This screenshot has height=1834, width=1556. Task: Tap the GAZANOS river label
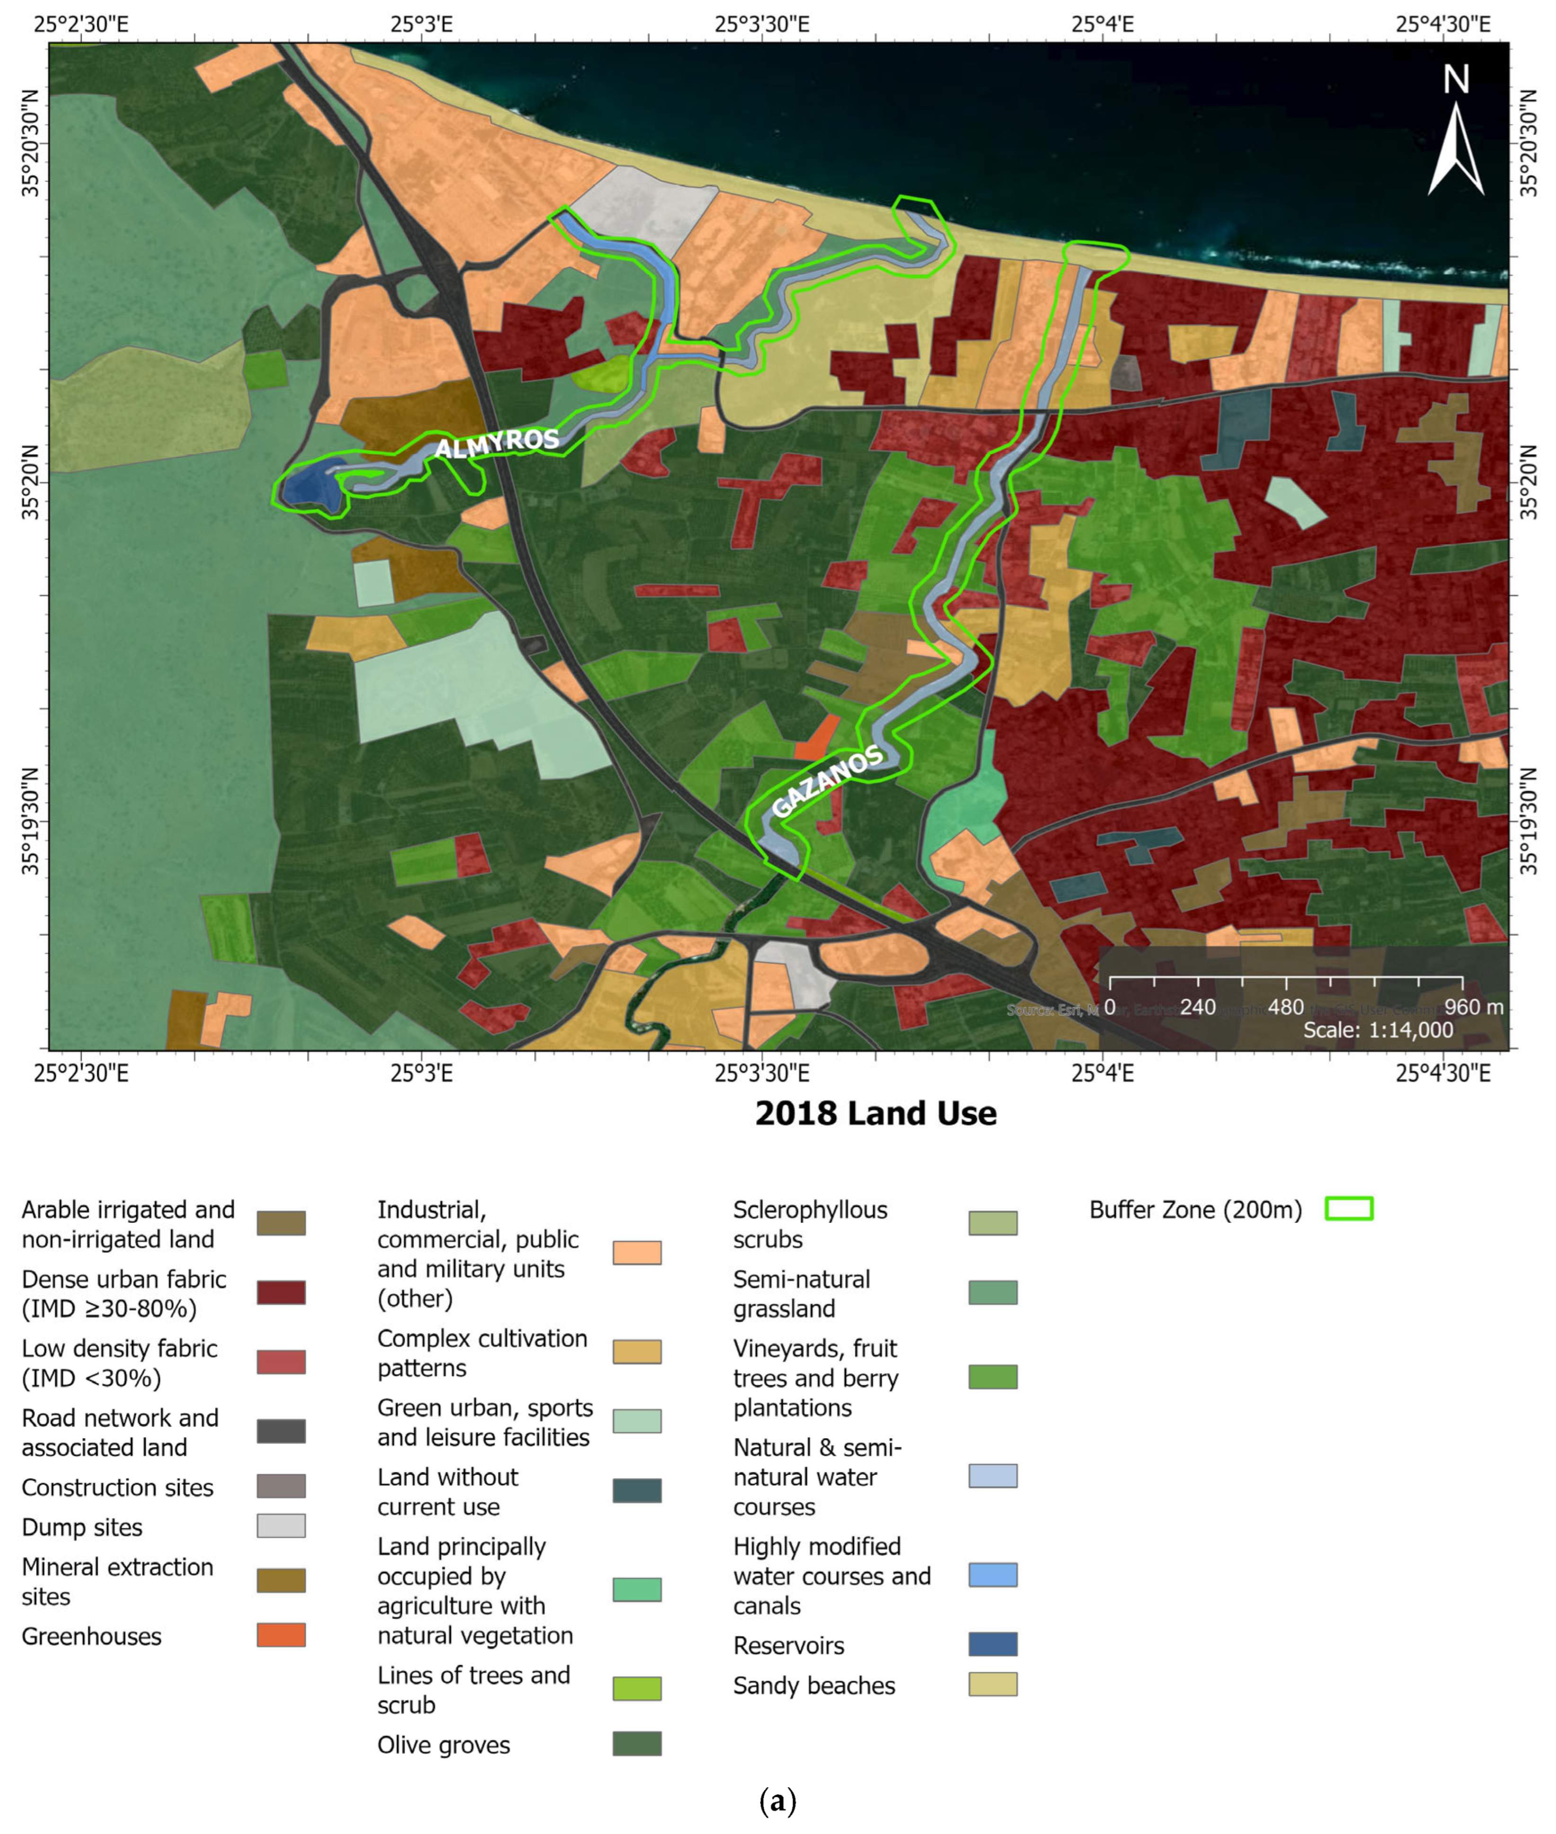coord(827,781)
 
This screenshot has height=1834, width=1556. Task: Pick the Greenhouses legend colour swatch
coord(281,1635)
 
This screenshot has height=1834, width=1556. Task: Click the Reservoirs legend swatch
coord(992,1644)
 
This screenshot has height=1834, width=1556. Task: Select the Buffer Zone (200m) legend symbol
coord(1349,1209)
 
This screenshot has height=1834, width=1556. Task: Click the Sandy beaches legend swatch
coord(992,1684)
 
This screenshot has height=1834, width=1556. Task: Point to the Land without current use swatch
coord(637,1491)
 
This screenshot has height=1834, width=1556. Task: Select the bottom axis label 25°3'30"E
coord(761,1073)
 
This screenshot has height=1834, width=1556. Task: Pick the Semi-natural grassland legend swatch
coord(992,1293)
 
